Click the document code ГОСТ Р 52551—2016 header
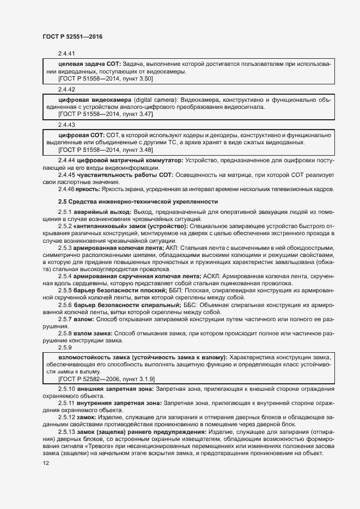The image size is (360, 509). coord(72,36)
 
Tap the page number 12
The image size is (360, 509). coord(45,463)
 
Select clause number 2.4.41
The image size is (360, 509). coord(66,54)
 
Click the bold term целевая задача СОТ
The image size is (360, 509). coord(86,65)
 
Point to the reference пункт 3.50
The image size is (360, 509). coord(135,79)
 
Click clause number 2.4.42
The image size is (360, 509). coord(66,89)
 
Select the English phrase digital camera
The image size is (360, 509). coord(155,100)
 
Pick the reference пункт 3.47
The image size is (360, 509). coord(135,114)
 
